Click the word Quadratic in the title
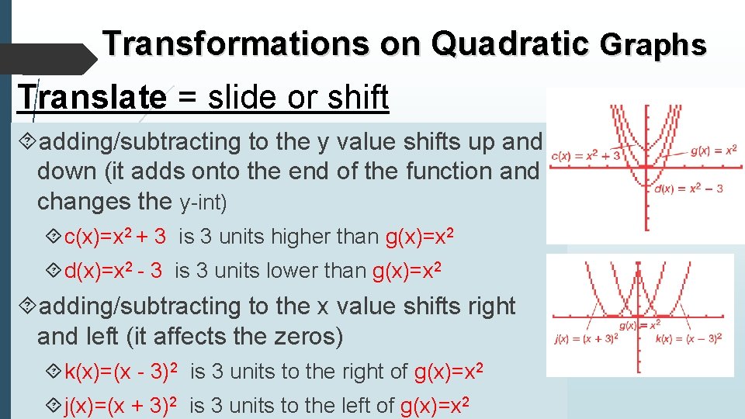[510, 43]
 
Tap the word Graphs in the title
[653, 45]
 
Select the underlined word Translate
[92, 98]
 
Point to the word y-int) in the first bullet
[203, 203]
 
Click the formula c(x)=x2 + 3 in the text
[115, 237]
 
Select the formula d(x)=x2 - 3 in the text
[113, 271]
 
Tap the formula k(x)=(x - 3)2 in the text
[123, 372]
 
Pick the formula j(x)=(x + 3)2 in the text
[123, 406]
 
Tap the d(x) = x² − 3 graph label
[689, 188]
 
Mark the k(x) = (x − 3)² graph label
[689, 338]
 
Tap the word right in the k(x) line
[383, 372]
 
